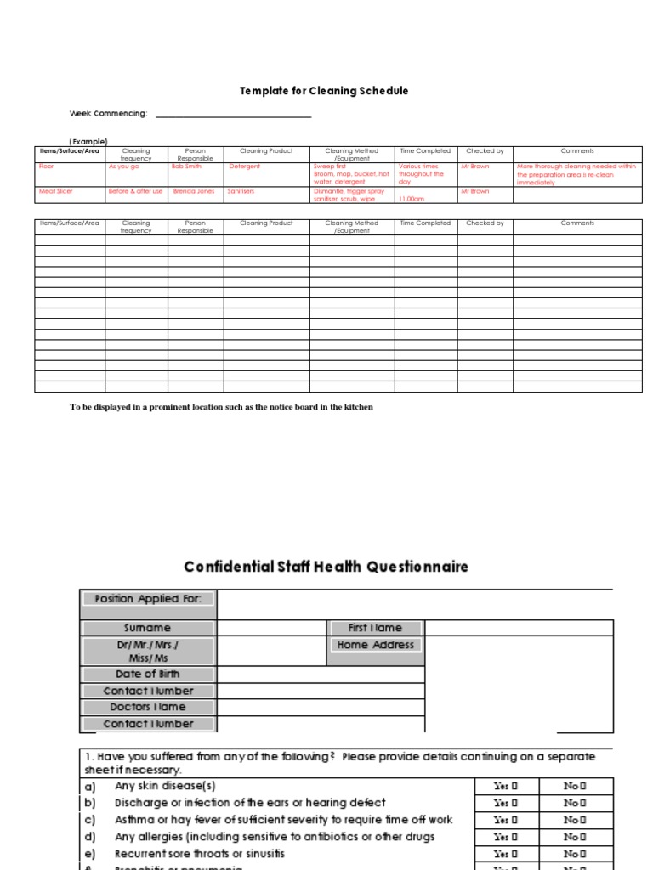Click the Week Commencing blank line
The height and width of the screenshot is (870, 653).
pos(234,116)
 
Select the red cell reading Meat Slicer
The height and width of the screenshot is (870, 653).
pos(56,192)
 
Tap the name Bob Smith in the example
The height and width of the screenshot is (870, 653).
pos(186,167)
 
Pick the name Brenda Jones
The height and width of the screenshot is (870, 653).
pos(193,192)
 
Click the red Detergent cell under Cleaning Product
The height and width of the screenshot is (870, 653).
pos(245,167)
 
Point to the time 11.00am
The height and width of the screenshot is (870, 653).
pos(412,199)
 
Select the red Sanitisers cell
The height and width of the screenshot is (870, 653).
pos(241,192)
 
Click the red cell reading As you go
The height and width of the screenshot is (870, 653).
pos(123,167)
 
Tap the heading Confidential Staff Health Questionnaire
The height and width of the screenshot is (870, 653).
pos(326,567)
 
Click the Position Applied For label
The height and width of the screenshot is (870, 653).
pos(149,598)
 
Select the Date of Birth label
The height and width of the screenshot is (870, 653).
pos(149,674)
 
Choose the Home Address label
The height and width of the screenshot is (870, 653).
pos(376,645)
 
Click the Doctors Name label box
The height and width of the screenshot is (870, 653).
pos(149,707)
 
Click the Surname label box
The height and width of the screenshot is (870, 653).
pos(149,628)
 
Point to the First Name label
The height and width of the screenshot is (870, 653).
pos(376,628)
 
